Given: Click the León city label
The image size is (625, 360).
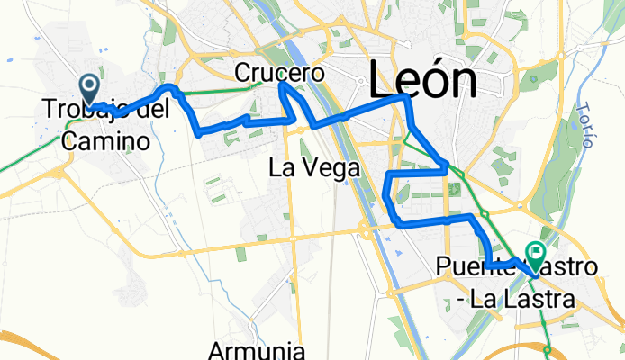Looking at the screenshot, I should pyautogui.click(x=423, y=82).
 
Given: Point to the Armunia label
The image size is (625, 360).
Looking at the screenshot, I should pyautogui.click(x=259, y=349).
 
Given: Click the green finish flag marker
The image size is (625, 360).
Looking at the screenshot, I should pyautogui.click(x=538, y=256).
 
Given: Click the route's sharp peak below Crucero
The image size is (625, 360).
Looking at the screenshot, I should pyautogui.click(x=283, y=85).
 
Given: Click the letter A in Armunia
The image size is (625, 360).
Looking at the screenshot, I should pyautogui.click(x=217, y=349).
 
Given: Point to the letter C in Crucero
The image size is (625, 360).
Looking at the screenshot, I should pyautogui.click(x=242, y=71).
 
